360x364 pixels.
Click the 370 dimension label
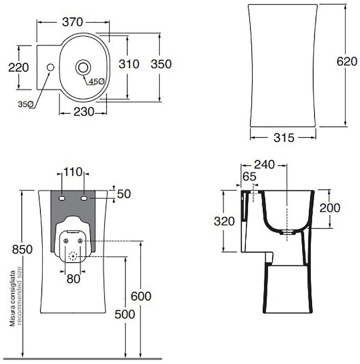(x=73, y=21)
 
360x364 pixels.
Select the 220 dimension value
(x=19, y=67)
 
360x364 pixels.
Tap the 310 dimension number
(x=129, y=64)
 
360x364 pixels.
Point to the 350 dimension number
(x=161, y=64)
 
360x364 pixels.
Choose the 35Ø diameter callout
(x=25, y=104)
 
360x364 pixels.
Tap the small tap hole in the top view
(x=50, y=67)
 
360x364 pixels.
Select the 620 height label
(x=346, y=61)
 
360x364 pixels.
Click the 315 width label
(x=284, y=137)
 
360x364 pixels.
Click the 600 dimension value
(x=140, y=296)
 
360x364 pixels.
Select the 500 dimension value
(x=124, y=314)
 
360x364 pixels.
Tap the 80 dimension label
(x=73, y=278)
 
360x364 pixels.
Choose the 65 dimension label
(x=249, y=177)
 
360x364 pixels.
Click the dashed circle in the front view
(x=73, y=256)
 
